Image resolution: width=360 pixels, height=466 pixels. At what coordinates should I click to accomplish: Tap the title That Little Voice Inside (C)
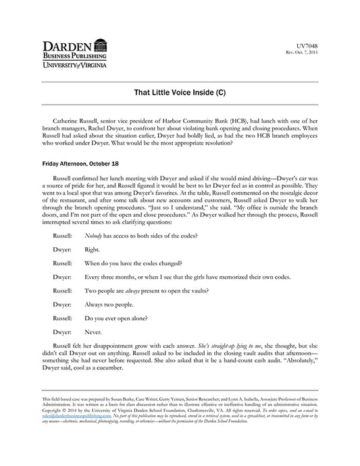180,90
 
